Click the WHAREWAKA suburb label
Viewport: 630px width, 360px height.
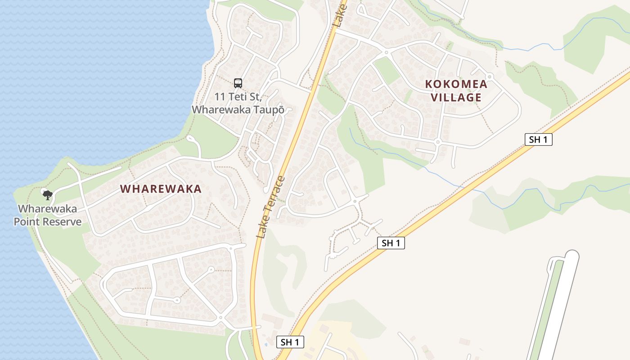[161, 189]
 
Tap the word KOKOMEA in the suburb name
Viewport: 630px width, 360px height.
[456, 84]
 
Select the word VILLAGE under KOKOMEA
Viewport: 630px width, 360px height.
[456, 97]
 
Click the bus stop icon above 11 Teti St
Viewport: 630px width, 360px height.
[238, 83]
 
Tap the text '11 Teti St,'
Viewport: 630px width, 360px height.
[238, 97]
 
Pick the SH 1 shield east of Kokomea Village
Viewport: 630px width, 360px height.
[538, 139]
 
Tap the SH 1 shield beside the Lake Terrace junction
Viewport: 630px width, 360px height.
[290, 342]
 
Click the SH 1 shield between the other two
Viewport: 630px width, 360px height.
[391, 243]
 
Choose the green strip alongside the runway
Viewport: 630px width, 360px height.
[546, 306]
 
